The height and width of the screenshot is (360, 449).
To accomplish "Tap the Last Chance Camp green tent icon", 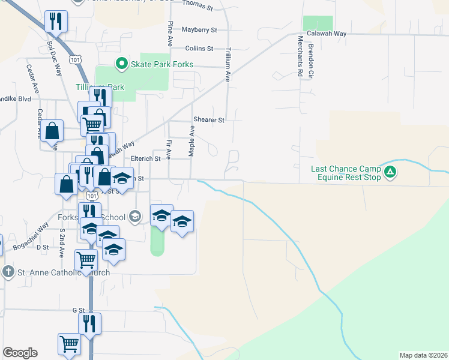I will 391,173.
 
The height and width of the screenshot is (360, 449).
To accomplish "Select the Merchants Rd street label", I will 300,56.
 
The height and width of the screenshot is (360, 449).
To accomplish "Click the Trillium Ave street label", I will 228,65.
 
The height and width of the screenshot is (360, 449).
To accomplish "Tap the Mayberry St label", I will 199,29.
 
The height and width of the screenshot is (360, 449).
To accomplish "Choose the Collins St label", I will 199,48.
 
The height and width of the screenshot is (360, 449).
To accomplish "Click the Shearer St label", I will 208,120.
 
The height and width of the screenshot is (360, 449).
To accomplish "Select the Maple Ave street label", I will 192,141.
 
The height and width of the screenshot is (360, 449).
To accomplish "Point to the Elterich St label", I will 146,159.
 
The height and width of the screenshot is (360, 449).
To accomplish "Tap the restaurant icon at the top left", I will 56,21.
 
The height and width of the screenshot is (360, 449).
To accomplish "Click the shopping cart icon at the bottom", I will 69,344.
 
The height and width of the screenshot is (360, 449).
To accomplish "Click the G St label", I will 79,310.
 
